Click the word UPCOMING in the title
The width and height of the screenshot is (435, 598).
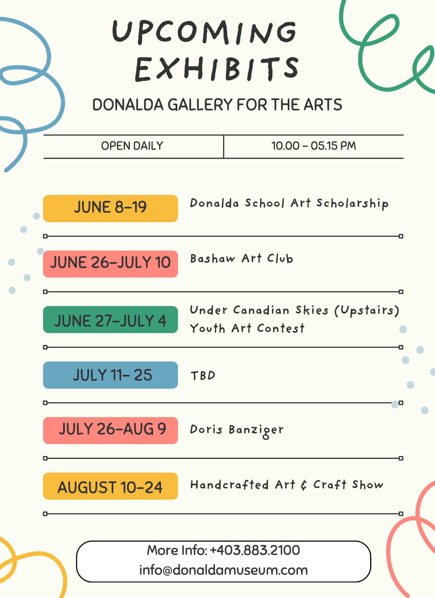click(x=204, y=32)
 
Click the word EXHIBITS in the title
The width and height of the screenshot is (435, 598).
click(x=217, y=69)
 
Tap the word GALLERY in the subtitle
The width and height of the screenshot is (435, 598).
click(x=200, y=105)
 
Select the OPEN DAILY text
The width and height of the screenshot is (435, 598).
click(x=132, y=146)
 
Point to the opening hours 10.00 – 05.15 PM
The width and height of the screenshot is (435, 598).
click(x=314, y=146)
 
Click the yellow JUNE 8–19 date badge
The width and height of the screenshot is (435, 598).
click(x=110, y=208)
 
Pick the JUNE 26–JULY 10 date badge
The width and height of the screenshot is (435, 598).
click(x=110, y=264)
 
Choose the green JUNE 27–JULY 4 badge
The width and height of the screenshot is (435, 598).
click(x=110, y=319)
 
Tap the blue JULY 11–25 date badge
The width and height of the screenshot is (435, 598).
click(x=110, y=375)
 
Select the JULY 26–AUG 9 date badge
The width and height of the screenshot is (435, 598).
click(x=110, y=431)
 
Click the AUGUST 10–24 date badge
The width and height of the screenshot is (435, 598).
click(x=110, y=486)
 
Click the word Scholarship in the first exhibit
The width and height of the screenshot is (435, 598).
click(x=352, y=204)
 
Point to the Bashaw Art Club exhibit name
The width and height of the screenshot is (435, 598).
click(x=242, y=259)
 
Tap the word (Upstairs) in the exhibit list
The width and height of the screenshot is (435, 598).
click(x=367, y=310)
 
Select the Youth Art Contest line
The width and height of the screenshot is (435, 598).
click(x=247, y=328)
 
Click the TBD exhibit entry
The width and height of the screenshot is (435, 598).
click(x=203, y=376)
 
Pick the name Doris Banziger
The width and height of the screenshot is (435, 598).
click(x=237, y=431)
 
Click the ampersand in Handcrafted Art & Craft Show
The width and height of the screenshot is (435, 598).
click(x=304, y=485)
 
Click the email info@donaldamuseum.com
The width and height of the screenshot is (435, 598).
click(x=224, y=570)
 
